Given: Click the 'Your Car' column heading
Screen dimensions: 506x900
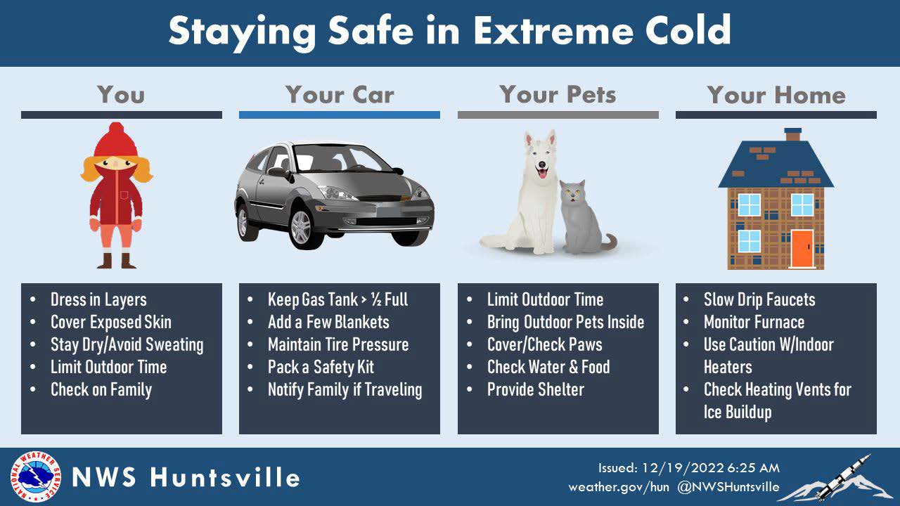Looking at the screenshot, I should [340, 95].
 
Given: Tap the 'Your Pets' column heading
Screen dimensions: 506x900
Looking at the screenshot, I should [558, 95].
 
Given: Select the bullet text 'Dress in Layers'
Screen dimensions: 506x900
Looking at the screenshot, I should [98, 299].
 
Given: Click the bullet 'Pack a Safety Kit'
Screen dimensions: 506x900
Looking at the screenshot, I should [321, 367].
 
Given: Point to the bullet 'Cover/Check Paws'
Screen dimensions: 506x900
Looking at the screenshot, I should [544, 344].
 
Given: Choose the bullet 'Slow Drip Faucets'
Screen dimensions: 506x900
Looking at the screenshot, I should [759, 299].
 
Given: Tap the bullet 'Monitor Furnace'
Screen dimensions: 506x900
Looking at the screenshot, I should [754, 322].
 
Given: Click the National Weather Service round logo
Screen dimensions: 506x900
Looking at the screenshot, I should [34, 477].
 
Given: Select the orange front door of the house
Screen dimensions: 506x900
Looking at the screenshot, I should [802, 249].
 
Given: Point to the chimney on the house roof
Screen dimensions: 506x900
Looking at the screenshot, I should [792, 134].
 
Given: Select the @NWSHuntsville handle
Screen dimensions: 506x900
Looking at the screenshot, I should [728, 486].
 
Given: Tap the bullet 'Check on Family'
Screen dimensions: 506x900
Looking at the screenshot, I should [101, 389].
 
